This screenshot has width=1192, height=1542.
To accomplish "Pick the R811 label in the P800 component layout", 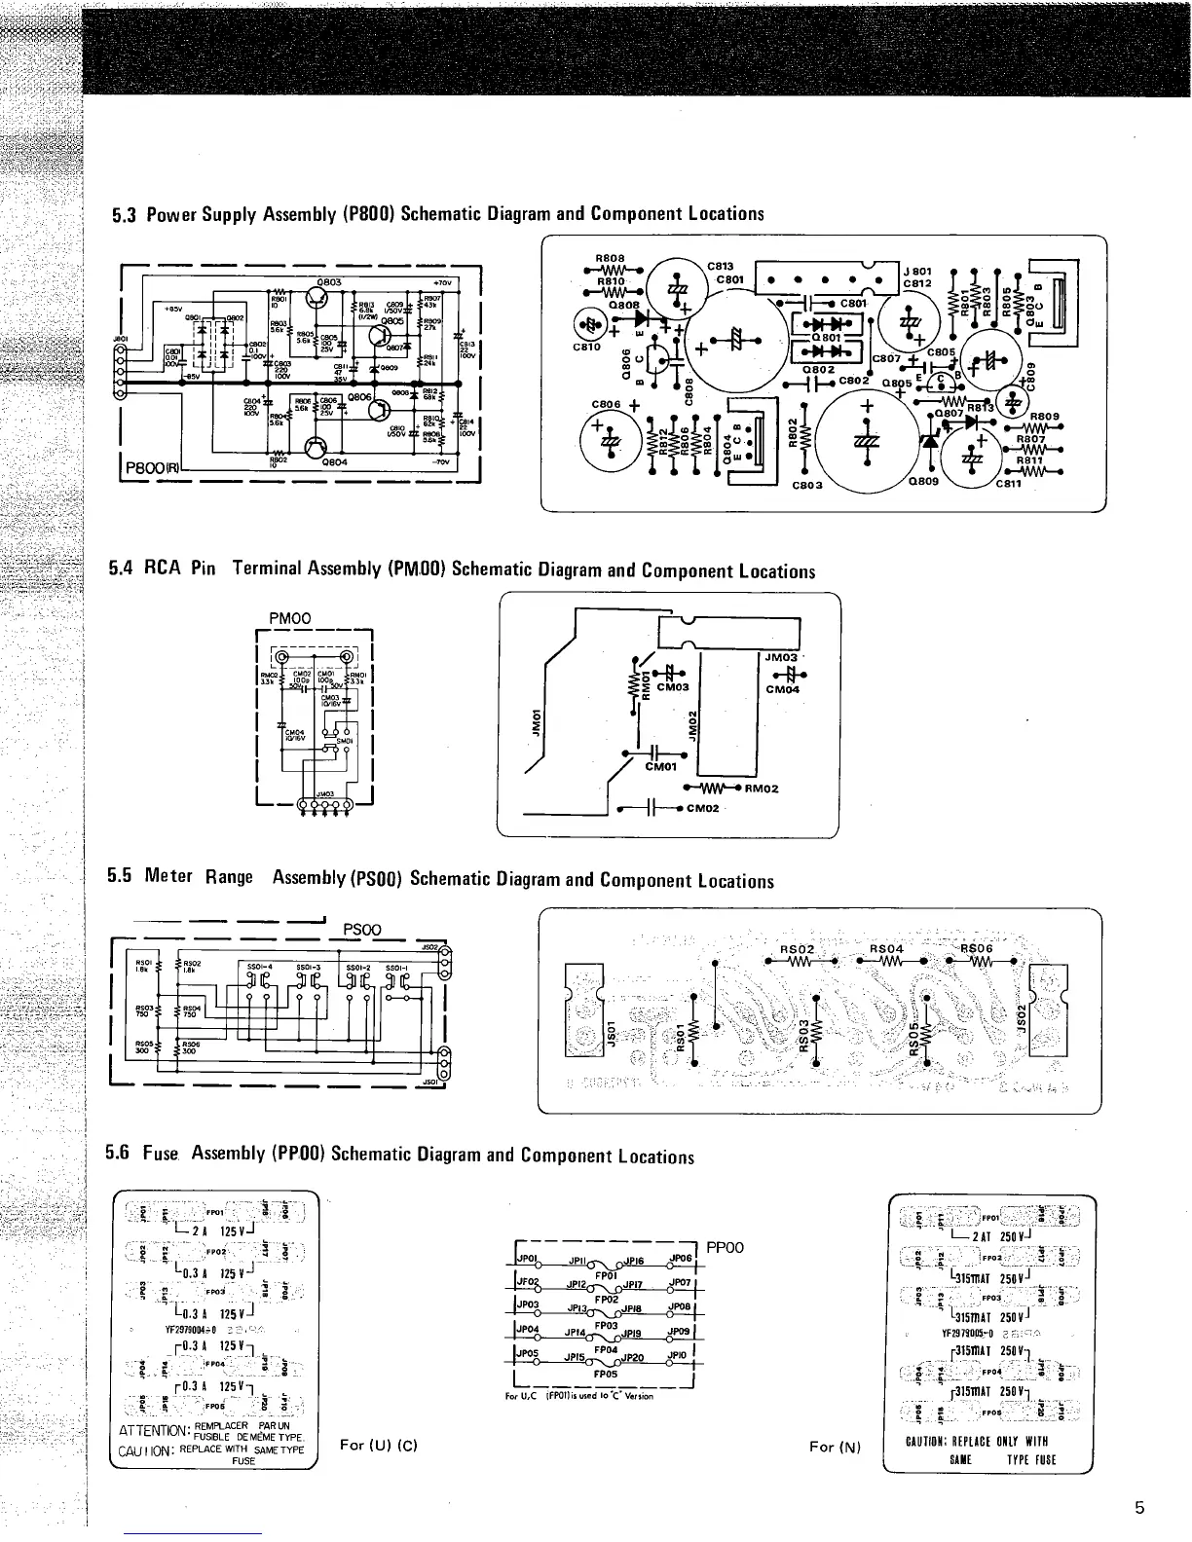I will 1029,461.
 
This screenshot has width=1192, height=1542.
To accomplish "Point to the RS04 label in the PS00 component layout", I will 886,948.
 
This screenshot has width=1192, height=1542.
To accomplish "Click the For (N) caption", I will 836,1448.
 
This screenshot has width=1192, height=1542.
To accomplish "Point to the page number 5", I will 1139,1509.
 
